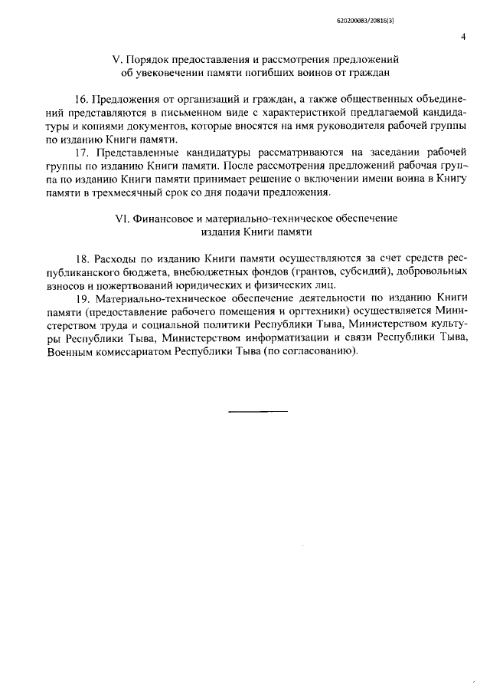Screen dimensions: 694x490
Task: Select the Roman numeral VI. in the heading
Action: pos(122,218)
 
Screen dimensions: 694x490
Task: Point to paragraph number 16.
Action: pos(81,100)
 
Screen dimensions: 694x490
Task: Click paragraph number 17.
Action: pos(81,153)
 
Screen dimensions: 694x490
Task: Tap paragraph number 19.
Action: pos(81,296)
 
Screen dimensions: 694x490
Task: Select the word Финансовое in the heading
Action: pos(162,218)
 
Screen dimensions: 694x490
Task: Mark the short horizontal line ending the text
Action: pos(259,412)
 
